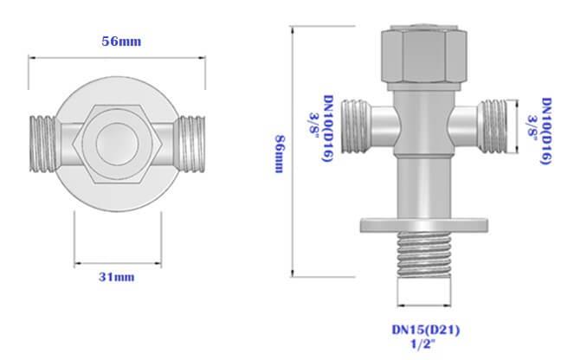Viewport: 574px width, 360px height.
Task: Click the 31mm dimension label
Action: point(119,277)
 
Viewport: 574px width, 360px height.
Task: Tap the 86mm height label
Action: point(278,153)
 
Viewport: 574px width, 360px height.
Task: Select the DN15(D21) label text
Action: point(425,328)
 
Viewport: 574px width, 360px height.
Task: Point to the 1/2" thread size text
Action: point(425,344)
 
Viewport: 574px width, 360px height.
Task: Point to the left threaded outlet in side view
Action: point(358,123)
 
